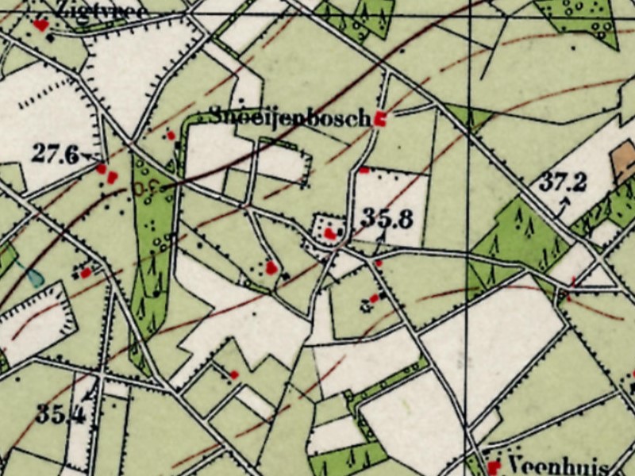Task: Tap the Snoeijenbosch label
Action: tap(291, 116)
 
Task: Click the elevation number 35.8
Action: tap(387, 217)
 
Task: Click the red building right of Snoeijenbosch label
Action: tap(380, 120)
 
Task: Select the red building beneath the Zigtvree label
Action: tap(40, 26)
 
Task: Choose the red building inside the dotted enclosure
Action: tap(330, 233)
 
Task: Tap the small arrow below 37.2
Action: tap(564, 205)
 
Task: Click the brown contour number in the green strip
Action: tap(145, 189)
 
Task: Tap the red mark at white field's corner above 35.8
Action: tap(364, 170)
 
